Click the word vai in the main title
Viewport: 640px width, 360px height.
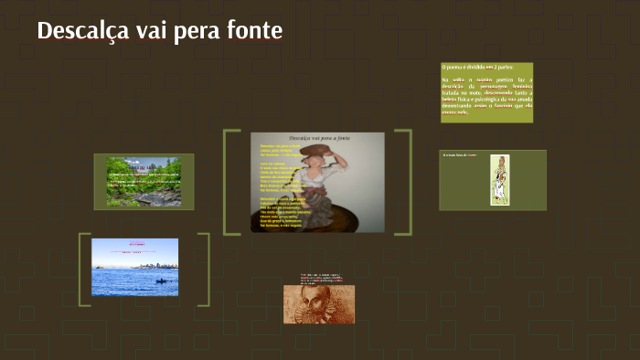pos(155,30)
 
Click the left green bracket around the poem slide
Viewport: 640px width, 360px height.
pos(225,183)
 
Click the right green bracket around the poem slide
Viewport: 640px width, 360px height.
pos(409,183)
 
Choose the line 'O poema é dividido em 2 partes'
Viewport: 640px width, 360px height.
pos(477,68)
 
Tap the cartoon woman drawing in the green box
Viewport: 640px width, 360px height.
pos(499,180)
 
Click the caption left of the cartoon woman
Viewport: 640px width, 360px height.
pos(460,156)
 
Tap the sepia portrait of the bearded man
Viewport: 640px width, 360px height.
pos(318,304)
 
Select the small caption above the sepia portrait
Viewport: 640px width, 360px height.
pos(318,277)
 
